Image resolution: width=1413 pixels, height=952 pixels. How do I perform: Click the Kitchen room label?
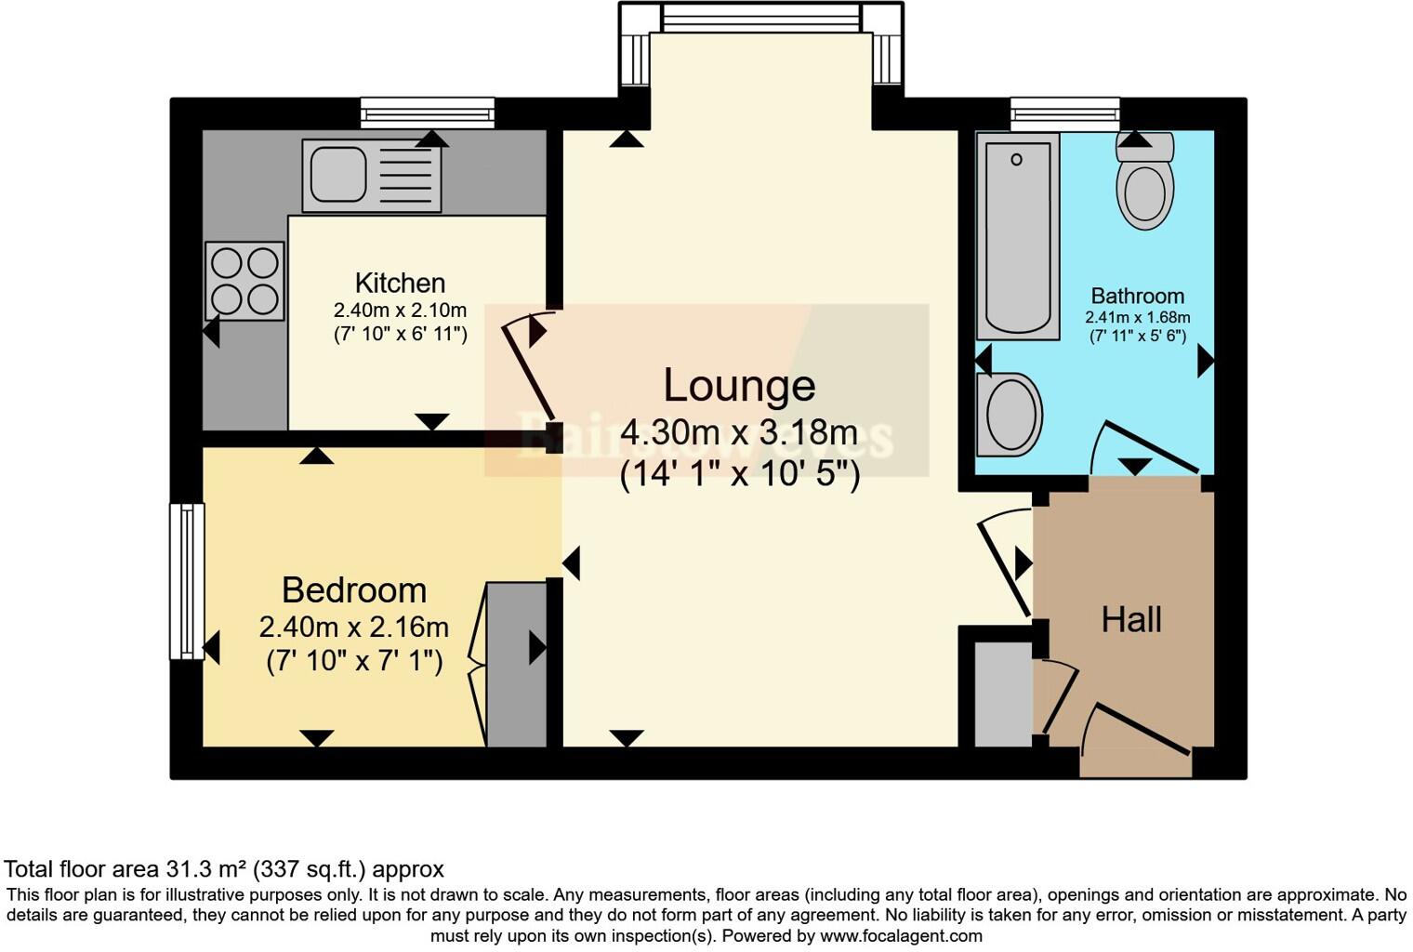click(x=400, y=283)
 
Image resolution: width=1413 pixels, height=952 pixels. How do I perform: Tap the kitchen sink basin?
click(x=338, y=174)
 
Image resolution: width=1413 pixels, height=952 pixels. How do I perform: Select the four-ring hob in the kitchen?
click(x=244, y=281)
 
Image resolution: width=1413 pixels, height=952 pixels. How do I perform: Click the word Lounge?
click(x=739, y=385)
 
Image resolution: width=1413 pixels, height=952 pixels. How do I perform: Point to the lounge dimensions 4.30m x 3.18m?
click(x=739, y=432)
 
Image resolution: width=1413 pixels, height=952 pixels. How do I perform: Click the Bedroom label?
click(x=354, y=590)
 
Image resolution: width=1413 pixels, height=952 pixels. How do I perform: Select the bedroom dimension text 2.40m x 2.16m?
click(x=354, y=628)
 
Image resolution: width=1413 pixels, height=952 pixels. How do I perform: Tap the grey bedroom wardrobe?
click(x=517, y=664)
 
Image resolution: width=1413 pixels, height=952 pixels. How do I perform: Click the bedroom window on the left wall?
click(x=186, y=581)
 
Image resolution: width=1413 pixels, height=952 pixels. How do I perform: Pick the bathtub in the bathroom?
click(x=1018, y=235)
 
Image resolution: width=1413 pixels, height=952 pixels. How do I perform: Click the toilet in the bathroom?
click(x=1144, y=186)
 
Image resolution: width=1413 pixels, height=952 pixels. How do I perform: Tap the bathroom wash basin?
click(x=1009, y=415)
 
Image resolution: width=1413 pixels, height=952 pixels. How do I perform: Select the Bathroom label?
click(x=1137, y=297)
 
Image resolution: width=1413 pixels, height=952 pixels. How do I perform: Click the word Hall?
click(x=1131, y=620)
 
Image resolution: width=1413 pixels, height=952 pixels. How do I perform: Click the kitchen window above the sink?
click(x=428, y=113)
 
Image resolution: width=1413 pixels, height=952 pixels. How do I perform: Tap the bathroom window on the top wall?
click(x=1065, y=113)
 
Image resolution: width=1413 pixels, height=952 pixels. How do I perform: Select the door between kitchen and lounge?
click(x=528, y=370)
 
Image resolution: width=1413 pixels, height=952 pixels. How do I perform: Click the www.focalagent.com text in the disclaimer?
click(x=901, y=936)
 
